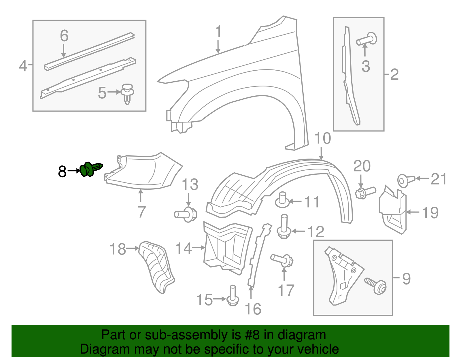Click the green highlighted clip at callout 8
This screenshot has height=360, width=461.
(90, 169)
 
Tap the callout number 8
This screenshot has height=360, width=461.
(62, 172)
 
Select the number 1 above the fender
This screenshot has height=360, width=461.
(218, 31)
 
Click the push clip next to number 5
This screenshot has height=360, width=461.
(127, 93)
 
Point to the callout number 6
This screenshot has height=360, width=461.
(64, 36)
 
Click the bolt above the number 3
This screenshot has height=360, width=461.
(367, 39)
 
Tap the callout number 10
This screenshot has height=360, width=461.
(322, 139)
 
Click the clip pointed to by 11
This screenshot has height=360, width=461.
(282, 200)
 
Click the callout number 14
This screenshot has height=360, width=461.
(183, 248)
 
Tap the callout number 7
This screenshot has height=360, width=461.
(141, 212)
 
